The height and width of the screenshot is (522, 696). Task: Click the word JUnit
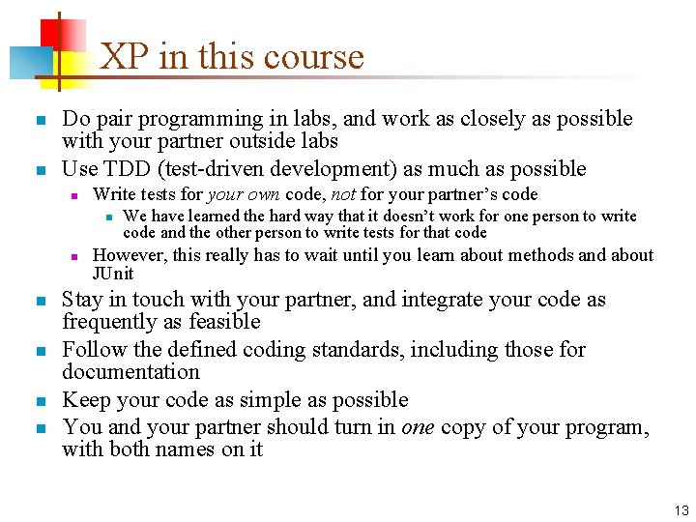(x=113, y=274)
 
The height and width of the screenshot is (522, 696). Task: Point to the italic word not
(x=343, y=195)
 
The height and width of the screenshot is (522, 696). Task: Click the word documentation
(x=130, y=372)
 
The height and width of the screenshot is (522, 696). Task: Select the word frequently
(x=108, y=322)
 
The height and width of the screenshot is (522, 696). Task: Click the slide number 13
(x=681, y=510)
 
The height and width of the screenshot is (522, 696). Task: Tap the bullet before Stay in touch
(x=40, y=302)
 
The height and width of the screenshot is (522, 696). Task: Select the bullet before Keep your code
(x=40, y=401)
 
